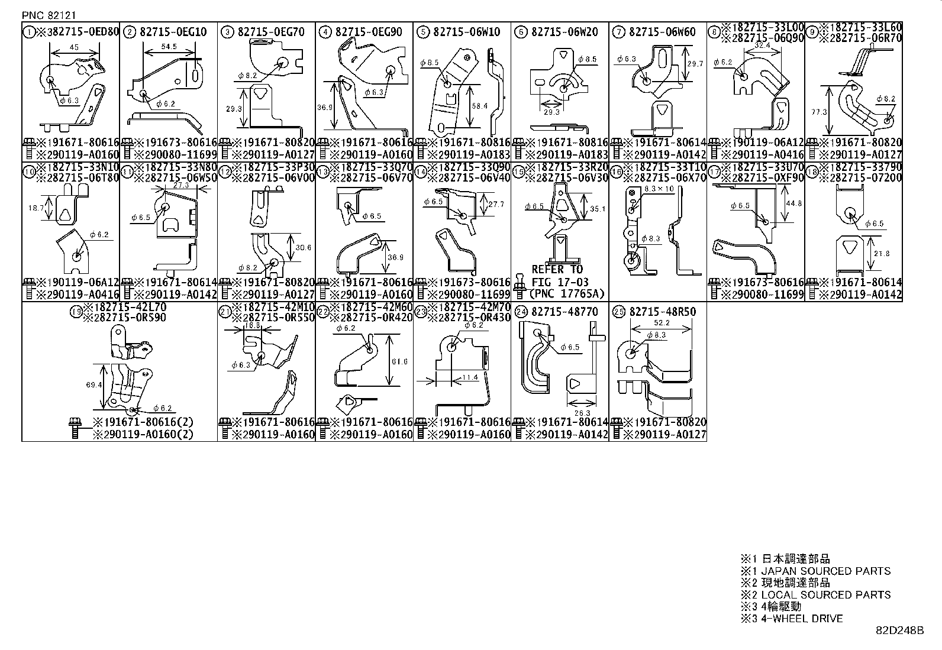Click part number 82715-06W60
662,32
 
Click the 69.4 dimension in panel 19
93,385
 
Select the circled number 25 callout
618,312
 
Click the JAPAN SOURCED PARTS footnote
825,571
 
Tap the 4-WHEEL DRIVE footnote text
801,619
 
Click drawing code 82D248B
899,630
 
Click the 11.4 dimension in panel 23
470,377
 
